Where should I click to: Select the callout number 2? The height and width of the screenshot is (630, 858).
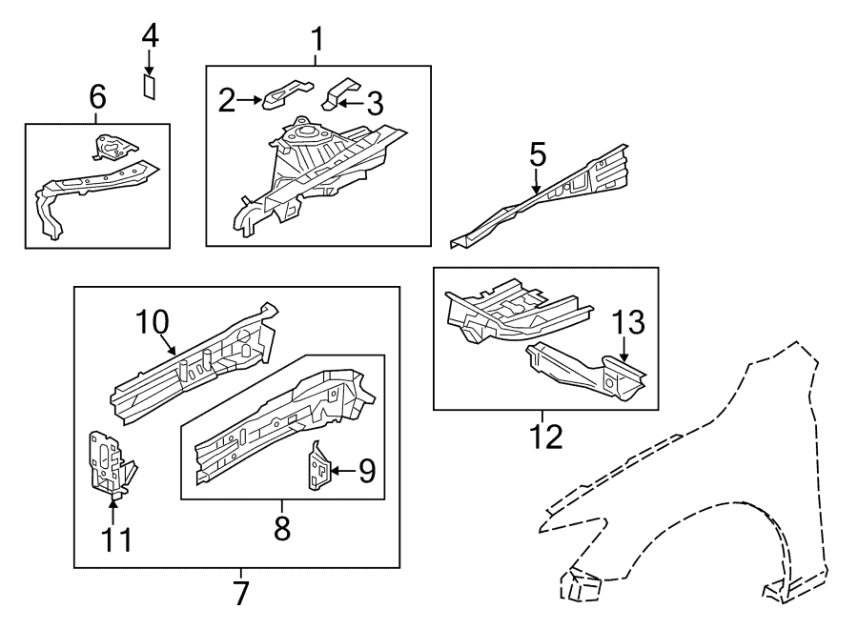(x=226, y=100)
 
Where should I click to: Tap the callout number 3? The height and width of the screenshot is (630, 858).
(x=374, y=101)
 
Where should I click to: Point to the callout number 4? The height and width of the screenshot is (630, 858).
(x=150, y=37)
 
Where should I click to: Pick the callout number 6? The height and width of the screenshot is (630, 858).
(x=96, y=96)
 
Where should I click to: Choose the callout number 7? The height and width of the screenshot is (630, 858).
(x=240, y=593)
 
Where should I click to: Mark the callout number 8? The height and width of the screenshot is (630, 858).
(x=281, y=527)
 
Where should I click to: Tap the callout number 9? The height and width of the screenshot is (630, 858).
(x=366, y=469)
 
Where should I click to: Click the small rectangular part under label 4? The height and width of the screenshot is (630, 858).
(x=150, y=87)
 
